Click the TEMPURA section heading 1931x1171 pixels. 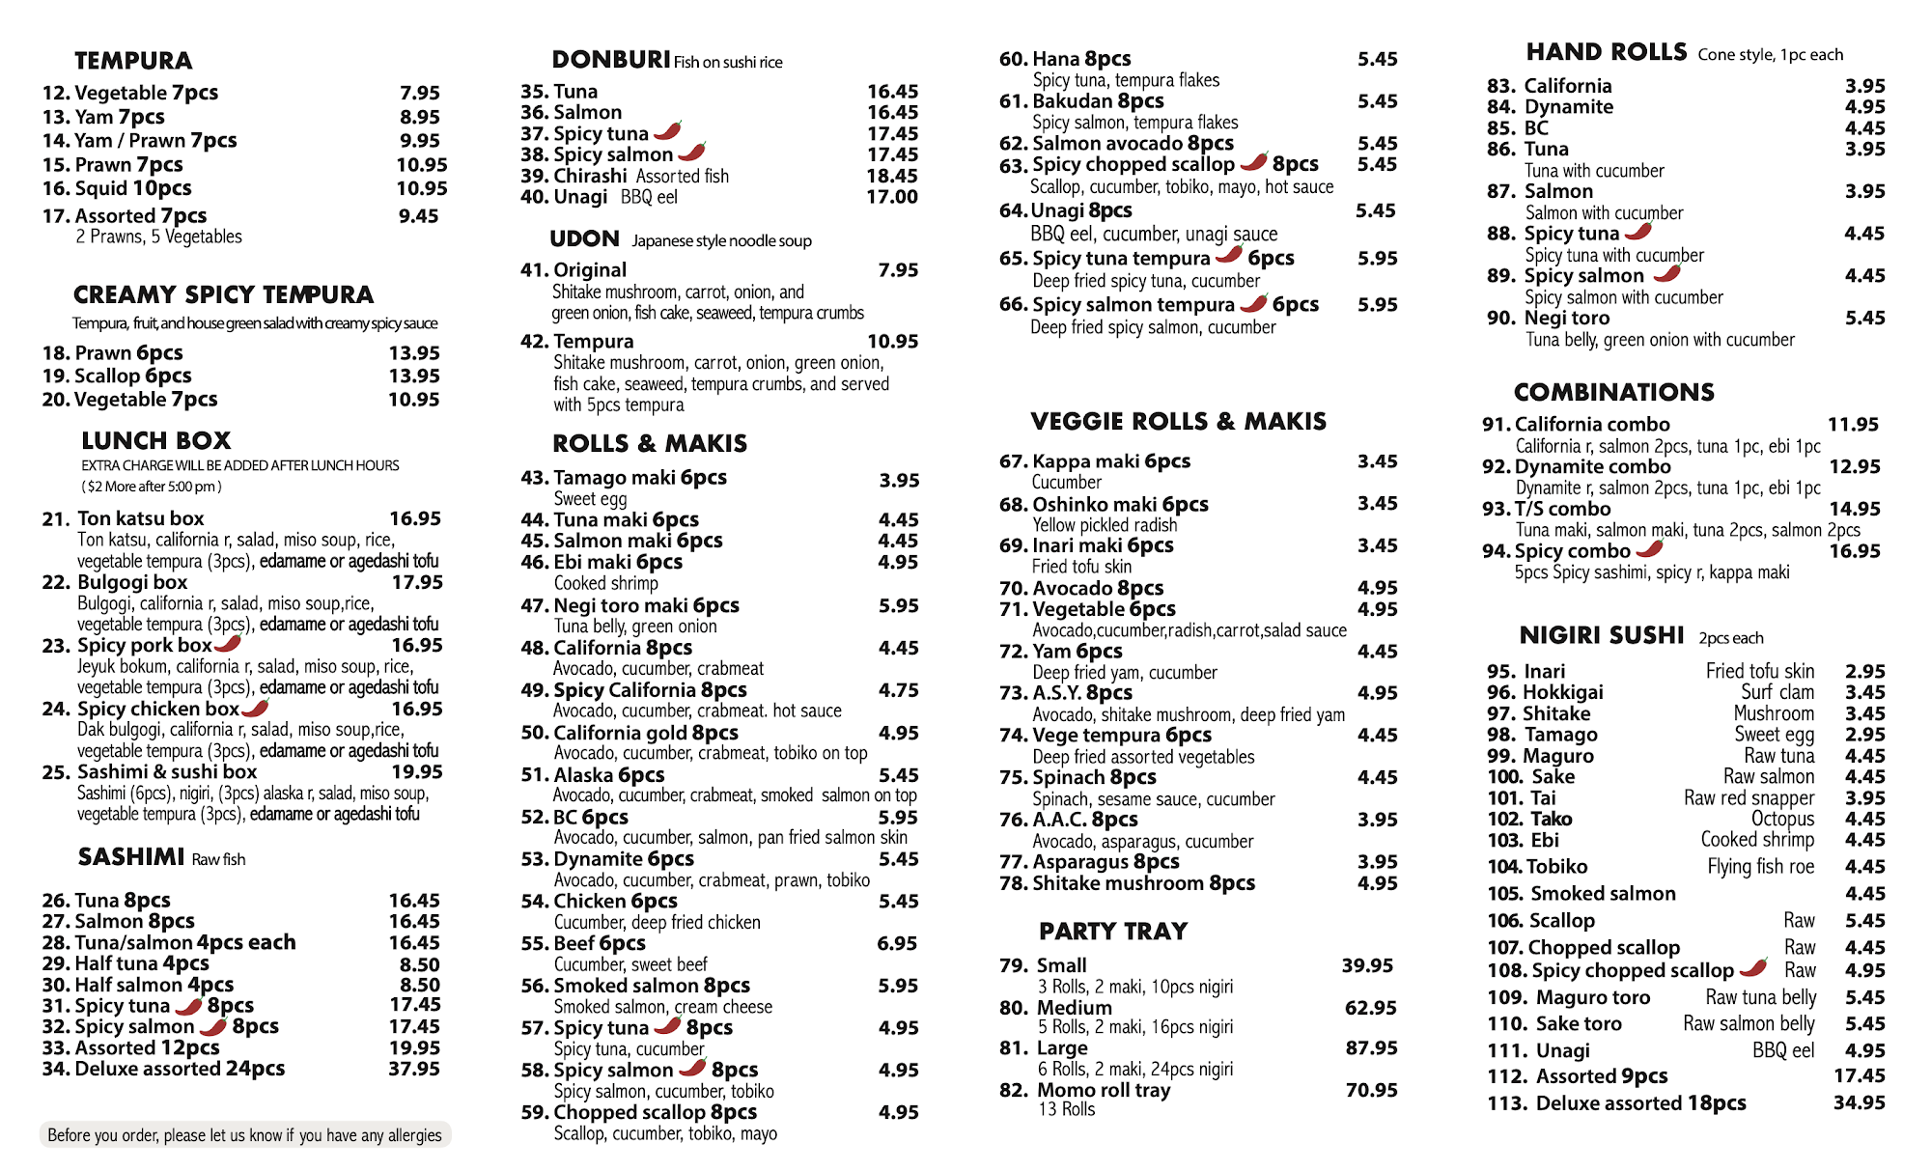point(133,61)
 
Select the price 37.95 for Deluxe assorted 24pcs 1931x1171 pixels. point(414,1069)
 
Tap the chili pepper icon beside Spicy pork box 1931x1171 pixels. point(229,644)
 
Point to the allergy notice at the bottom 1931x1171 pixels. point(244,1135)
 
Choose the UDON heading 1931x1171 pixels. point(584,238)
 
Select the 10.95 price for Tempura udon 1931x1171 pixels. point(892,341)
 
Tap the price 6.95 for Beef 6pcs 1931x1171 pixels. point(897,943)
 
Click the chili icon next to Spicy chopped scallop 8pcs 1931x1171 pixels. point(1254,161)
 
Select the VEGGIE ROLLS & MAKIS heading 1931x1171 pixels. point(1178,421)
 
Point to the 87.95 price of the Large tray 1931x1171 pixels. point(1371,1047)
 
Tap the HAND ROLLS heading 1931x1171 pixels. point(1606,52)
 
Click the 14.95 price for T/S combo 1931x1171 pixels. point(1855,509)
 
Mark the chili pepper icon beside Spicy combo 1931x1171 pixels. point(1650,549)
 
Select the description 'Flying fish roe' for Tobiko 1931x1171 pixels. point(1760,867)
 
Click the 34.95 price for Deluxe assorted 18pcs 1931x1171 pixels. point(1859,1102)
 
